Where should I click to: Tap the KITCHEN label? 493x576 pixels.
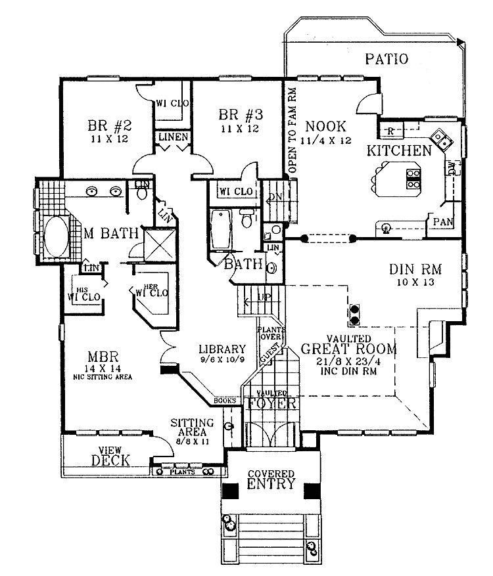click(x=399, y=151)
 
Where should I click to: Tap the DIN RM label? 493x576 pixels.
click(x=415, y=269)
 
